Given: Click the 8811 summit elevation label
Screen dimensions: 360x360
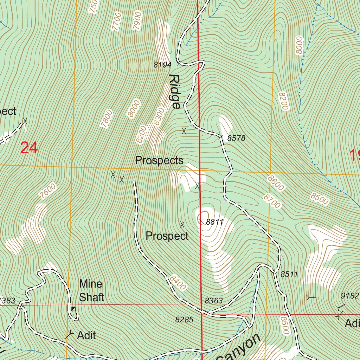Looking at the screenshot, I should pos(215,222).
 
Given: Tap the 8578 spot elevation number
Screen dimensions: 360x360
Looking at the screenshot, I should pos(236,139).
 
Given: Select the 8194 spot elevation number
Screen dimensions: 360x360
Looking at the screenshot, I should pos(162,65).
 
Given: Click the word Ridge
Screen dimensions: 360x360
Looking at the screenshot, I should pos(175,91).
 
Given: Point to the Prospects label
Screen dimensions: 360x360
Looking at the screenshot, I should pos(159,161).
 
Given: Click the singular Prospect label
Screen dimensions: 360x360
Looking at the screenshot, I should pos(167,236).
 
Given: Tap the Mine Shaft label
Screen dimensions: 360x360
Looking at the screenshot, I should pos(91,290).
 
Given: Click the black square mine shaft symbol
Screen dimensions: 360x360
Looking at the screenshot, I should pos(73,309).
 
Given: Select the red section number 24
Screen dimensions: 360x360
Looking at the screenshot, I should pos(29,148).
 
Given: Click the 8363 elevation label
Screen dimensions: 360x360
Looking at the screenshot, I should pos(214,301).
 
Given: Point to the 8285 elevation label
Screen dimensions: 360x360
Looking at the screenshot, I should pos(184,320).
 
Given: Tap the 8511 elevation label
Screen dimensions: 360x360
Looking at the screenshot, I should pos(289,274).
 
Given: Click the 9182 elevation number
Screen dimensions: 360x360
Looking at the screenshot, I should pos(350,296).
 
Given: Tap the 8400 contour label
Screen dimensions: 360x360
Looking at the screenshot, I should pos(177,283).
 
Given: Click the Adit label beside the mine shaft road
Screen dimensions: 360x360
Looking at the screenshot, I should pos(86,335).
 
